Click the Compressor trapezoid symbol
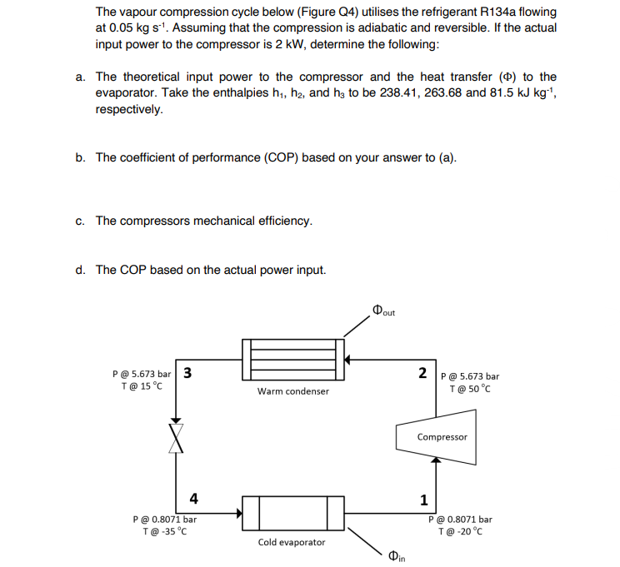[x=442, y=436]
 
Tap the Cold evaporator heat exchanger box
[x=292, y=513]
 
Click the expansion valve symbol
[x=176, y=436]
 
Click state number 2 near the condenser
[x=423, y=371]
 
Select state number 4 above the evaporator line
[x=193, y=499]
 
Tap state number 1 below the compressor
[x=423, y=500]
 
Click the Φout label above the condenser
[x=384, y=311]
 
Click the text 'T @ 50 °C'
[x=471, y=389]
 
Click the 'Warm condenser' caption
[x=292, y=390]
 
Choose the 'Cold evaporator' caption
[x=292, y=542]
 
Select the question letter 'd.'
[x=79, y=270]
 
